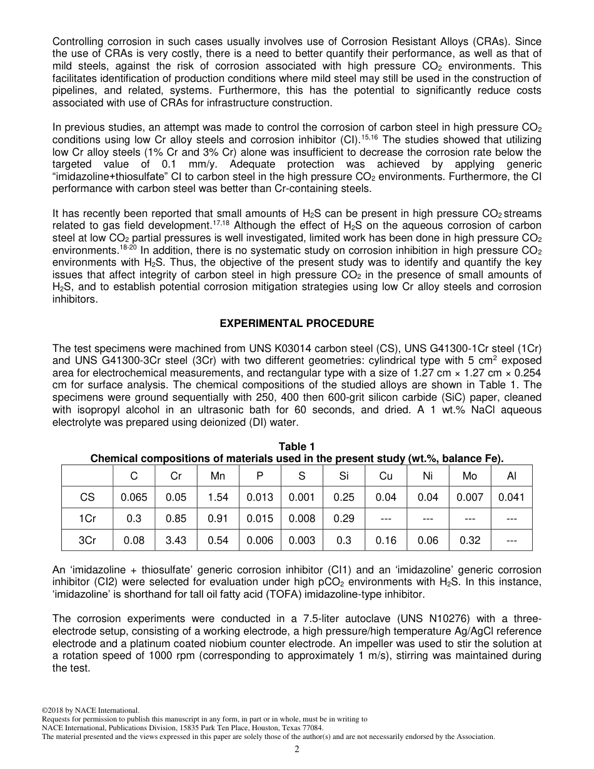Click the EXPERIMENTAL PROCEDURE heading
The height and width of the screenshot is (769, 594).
[297, 323]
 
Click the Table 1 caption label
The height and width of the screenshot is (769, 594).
[297, 446]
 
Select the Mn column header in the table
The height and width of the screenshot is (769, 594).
[218, 476]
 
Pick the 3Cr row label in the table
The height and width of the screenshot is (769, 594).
[88, 541]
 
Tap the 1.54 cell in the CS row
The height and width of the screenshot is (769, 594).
[218, 498]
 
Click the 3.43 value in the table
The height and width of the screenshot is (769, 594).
[176, 541]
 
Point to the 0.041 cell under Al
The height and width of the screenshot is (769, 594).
[511, 498]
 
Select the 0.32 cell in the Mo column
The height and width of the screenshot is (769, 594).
[470, 541]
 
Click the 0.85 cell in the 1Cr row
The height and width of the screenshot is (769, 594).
[176, 519]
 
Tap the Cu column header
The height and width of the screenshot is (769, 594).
[386, 476]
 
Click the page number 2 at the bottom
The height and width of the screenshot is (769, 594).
[297, 749]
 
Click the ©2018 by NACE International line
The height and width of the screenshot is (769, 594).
[90, 710]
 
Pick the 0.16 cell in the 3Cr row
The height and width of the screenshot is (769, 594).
[386, 541]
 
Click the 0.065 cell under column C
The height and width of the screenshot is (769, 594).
[134, 498]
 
